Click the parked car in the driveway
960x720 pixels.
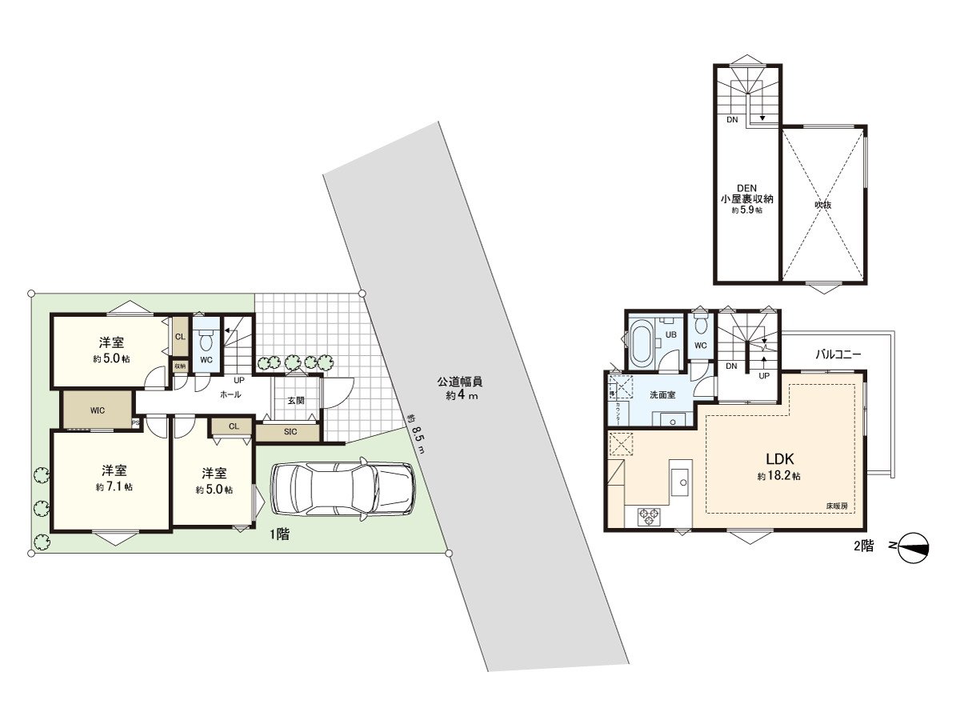[x=343, y=489]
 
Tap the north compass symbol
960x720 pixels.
[x=913, y=549]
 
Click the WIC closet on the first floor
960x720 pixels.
[x=98, y=410]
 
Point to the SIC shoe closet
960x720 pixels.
[x=290, y=431]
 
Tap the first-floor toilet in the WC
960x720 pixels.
[x=206, y=342]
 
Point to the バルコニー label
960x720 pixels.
[x=838, y=353]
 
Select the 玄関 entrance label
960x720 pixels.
[x=295, y=401]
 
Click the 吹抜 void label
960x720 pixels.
[x=823, y=204]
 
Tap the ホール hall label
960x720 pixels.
[x=230, y=394]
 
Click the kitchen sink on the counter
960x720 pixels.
[x=682, y=480]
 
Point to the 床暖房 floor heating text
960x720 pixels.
[x=838, y=506]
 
